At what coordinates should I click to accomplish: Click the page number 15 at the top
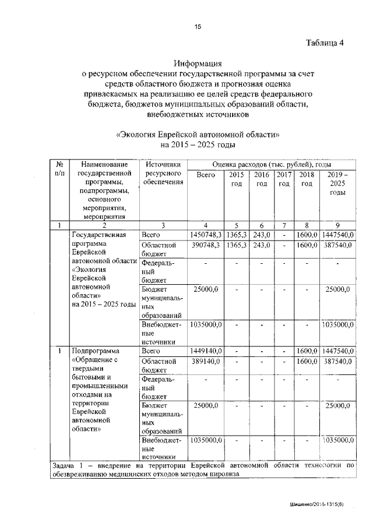tap(198, 27)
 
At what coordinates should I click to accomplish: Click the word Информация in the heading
tap(198, 64)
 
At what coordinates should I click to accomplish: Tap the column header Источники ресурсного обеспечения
tap(163, 174)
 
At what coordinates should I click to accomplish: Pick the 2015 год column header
tap(236, 179)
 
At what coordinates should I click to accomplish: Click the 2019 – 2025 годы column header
tap(338, 183)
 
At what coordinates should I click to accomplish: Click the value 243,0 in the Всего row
tap(261, 234)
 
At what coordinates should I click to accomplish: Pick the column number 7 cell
tap(284, 225)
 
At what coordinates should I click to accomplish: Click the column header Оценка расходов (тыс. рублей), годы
tap(272, 164)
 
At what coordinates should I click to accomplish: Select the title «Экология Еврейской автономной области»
tap(198, 133)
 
